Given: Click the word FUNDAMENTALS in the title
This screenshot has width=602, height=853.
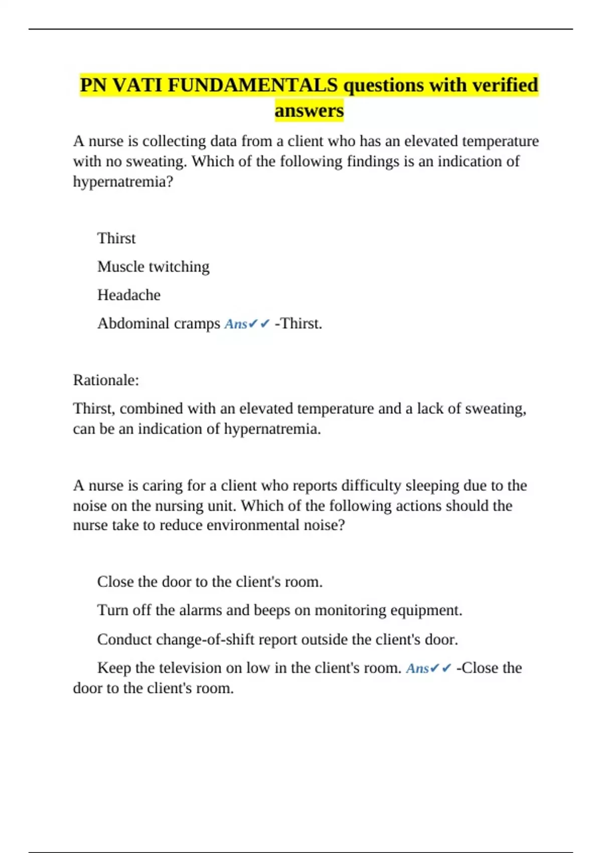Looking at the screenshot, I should [252, 85].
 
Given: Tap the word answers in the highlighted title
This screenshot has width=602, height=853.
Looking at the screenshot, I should [309, 110].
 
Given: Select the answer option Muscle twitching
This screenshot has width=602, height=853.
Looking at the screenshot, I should [153, 266].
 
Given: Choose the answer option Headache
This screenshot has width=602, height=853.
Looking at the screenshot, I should [129, 295].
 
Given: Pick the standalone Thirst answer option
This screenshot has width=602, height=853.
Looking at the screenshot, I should [116, 238].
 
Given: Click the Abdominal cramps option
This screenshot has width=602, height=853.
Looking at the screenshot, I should [159, 324].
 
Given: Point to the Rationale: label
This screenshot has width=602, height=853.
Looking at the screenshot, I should [106, 380].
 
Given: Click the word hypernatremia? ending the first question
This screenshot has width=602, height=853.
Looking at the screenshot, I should [123, 182].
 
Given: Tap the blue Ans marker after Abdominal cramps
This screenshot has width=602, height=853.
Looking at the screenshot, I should [236, 324].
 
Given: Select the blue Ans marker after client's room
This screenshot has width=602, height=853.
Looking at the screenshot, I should [417, 668].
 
